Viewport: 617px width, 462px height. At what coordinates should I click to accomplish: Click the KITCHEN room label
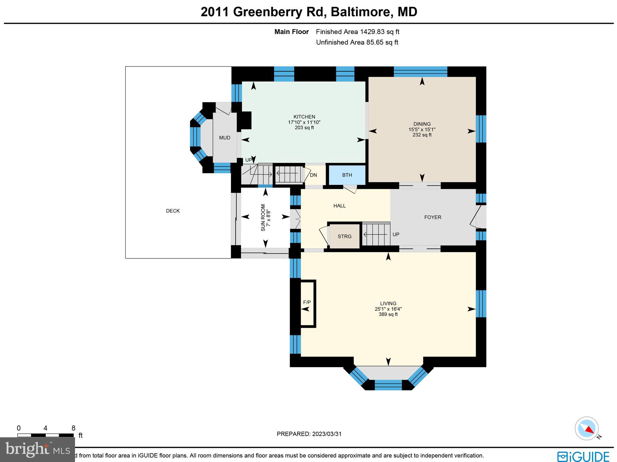pyautogui.click(x=304, y=117)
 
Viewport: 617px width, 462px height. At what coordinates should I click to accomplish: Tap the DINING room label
pyautogui.click(x=422, y=124)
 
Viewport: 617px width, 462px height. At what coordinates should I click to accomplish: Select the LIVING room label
pyautogui.click(x=388, y=304)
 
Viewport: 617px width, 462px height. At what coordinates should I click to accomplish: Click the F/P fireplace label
pyautogui.click(x=307, y=302)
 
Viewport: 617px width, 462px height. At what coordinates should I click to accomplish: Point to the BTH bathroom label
pyautogui.click(x=347, y=175)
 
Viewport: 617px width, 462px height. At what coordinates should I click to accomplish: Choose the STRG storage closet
pyautogui.click(x=345, y=236)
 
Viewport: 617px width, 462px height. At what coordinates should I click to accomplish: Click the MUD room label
pyautogui.click(x=224, y=138)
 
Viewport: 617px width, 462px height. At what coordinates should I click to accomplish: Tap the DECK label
pyautogui.click(x=173, y=211)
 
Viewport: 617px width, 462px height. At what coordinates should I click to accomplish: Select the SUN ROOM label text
pyautogui.click(x=263, y=217)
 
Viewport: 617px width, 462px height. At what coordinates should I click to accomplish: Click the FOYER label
pyautogui.click(x=433, y=217)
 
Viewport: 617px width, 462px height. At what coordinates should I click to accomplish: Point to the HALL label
pyautogui.click(x=340, y=206)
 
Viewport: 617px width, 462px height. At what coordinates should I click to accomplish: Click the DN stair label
pyautogui.click(x=313, y=175)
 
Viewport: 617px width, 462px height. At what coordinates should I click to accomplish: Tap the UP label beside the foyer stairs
pyautogui.click(x=396, y=234)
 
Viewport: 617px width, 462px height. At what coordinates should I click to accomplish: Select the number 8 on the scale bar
pyautogui.click(x=73, y=428)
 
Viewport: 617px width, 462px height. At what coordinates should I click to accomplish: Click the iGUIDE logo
pyautogui.click(x=583, y=456)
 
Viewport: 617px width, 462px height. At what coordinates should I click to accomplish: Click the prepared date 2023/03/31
pyautogui.click(x=327, y=434)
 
